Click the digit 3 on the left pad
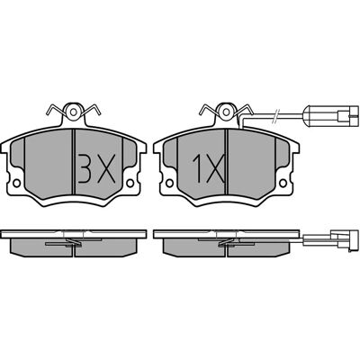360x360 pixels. [84, 169]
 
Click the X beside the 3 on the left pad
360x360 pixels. [104, 169]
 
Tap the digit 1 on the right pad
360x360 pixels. [197, 169]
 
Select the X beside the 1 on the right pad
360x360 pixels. [214, 169]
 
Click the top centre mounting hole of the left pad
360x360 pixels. [74, 112]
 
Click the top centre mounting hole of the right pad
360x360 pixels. [226, 112]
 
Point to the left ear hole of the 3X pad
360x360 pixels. [17, 183]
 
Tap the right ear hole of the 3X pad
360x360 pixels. [130, 183]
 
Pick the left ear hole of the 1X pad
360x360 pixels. [169, 183]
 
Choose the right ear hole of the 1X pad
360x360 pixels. [283, 183]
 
